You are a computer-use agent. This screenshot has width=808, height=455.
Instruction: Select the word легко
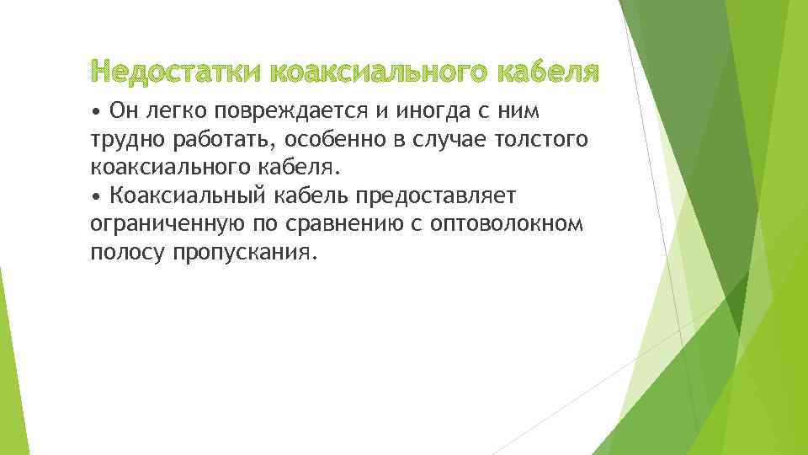point(173,110)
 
